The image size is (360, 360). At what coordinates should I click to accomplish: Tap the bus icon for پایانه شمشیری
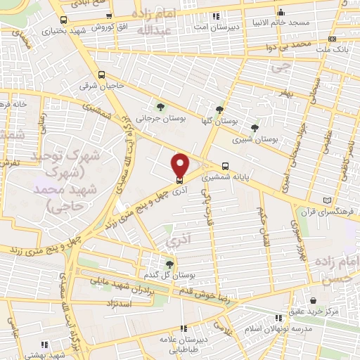click(224, 167)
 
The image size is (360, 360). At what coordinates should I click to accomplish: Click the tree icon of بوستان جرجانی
click(161, 107)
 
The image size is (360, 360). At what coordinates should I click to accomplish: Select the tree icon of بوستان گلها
click(219, 109)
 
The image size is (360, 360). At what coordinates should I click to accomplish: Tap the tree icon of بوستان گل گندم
click(169, 264)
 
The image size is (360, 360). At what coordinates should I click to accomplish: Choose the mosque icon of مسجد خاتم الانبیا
click(281, 12)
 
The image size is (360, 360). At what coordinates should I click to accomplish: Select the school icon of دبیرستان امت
click(216, 15)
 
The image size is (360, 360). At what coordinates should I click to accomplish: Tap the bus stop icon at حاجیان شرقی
click(103, 74)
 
